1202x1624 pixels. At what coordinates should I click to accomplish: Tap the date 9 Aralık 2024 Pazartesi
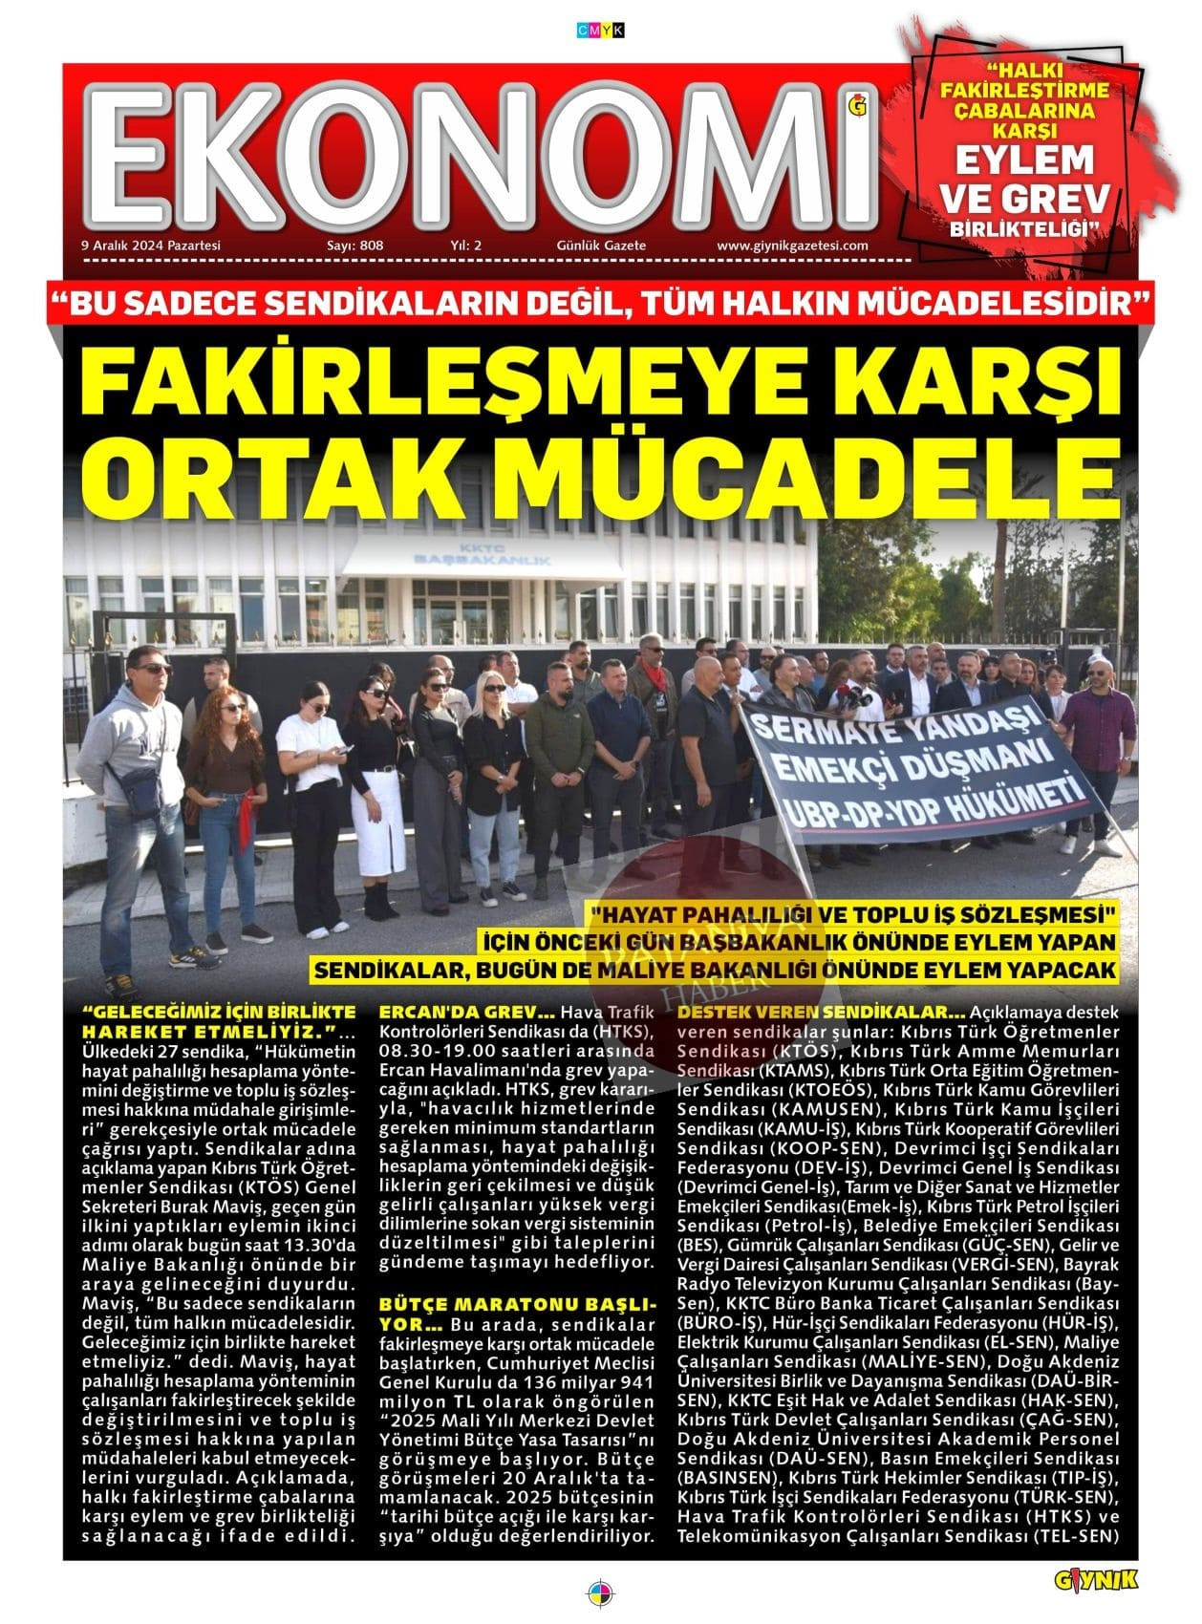pyautogui.click(x=151, y=246)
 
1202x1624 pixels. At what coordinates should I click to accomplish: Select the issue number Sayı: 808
pyautogui.click(x=354, y=246)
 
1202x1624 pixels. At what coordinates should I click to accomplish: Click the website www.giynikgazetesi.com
pyautogui.click(x=792, y=246)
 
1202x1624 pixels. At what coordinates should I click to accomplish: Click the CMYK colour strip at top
pyautogui.click(x=600, y=31)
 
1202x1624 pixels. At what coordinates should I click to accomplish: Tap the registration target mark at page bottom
pyautogui.click(x=600, y=1593)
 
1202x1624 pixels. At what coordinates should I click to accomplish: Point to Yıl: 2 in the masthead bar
pyautogui.click(x=465, y=246)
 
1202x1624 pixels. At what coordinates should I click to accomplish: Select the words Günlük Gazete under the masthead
pyautogui.click(x=601, y=246)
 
